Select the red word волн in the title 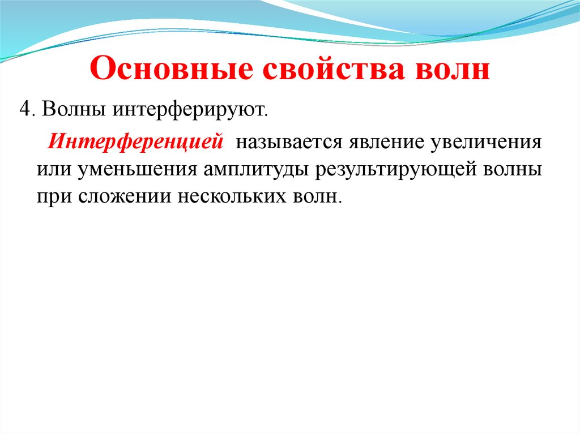[453, 71]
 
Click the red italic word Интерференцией [135, 141]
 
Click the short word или [50, 169]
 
